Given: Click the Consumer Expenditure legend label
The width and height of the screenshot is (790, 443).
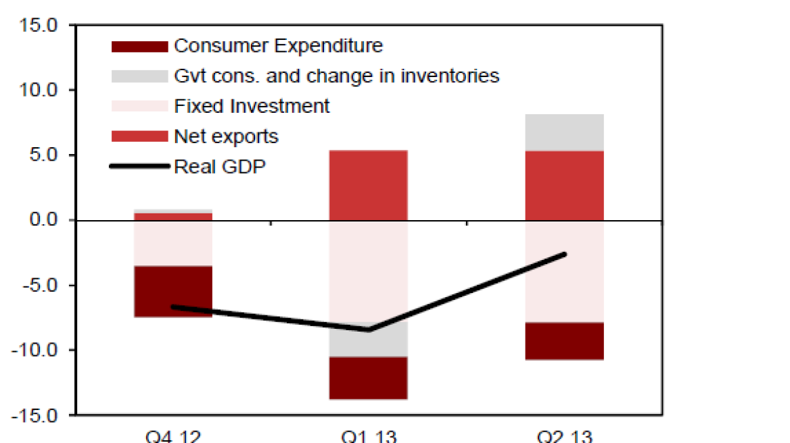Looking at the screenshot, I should pyautogui.click(x=278, y=46).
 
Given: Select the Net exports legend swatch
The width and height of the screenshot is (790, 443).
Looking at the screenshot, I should pyautogui.click(x=139, y=136).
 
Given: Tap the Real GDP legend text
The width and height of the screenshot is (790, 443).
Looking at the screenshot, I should pyautogui.click(x=220, y=166).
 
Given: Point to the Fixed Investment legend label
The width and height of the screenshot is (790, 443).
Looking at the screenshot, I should pyautogui.click(x=252, y=106).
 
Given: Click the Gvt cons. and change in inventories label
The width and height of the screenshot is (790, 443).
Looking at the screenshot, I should pyautogui.click(x=336, y=76).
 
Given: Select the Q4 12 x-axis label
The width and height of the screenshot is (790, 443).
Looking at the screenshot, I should pyautogui.click(x=174, y=436).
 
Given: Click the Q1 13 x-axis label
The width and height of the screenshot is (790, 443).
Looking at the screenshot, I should pyautogui.click(x=369, y=436).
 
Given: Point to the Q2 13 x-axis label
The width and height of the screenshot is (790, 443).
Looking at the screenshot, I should pyautogui.click(x=564, y=436).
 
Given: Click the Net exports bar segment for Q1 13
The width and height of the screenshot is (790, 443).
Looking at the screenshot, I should pyautogui.click(x=368, y=185).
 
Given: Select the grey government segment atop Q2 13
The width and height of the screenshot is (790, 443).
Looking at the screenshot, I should pyautogui.click(x=564, y=132).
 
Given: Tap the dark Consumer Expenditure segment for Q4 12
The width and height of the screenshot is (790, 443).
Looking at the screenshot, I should pyautogui.click(x=173, y=291).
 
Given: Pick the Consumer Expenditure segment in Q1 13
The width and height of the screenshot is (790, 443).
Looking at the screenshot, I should pyautogui.click(x=368, y=377).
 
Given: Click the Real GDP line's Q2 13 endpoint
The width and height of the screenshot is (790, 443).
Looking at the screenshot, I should pyautogui.click(x=565, y=254).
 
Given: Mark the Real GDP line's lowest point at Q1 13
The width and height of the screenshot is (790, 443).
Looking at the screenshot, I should pyautogui.click(x=369, y=330).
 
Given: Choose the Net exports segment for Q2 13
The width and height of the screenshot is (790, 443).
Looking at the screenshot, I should pyautogui.click(x=564, y=185).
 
